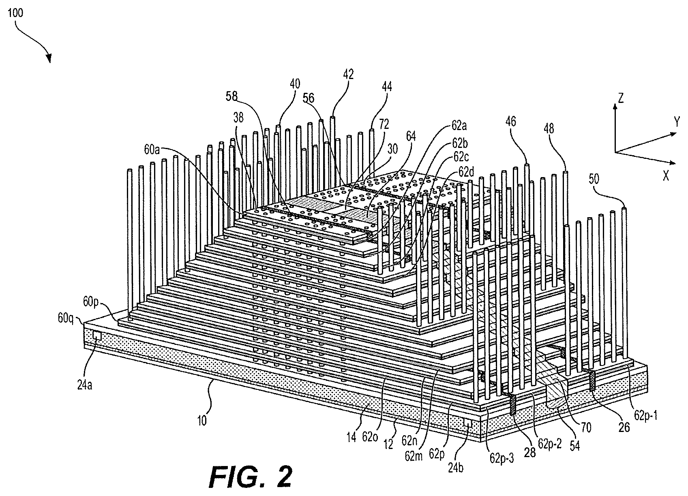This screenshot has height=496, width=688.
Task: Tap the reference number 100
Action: (15, 13)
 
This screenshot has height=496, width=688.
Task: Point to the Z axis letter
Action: (621, 98)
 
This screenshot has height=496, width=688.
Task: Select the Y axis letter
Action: (677, 122)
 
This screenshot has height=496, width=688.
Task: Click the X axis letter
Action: (666, 176)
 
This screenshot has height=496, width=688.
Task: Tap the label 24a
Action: (84, 385)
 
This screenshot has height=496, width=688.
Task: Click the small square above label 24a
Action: (97, 336)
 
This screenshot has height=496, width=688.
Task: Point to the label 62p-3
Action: (502, 458)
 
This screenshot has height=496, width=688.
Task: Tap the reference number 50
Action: (594, 179)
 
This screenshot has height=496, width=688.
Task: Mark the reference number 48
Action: (549, 128)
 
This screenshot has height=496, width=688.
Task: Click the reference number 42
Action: (348, 74)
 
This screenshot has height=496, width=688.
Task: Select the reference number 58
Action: (232, 96)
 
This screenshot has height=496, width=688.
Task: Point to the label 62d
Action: (467, 172)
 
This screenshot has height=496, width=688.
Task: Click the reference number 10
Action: (202, 421)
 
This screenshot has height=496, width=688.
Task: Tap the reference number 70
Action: (586, 428)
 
